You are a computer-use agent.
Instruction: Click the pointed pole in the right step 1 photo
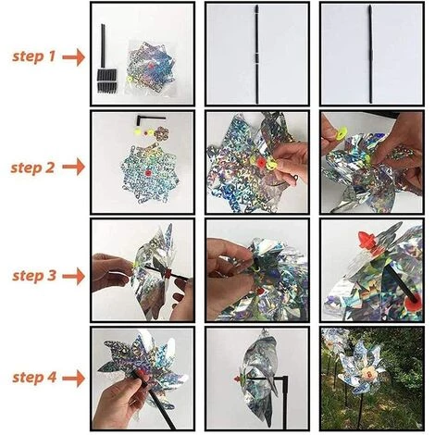369,56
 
